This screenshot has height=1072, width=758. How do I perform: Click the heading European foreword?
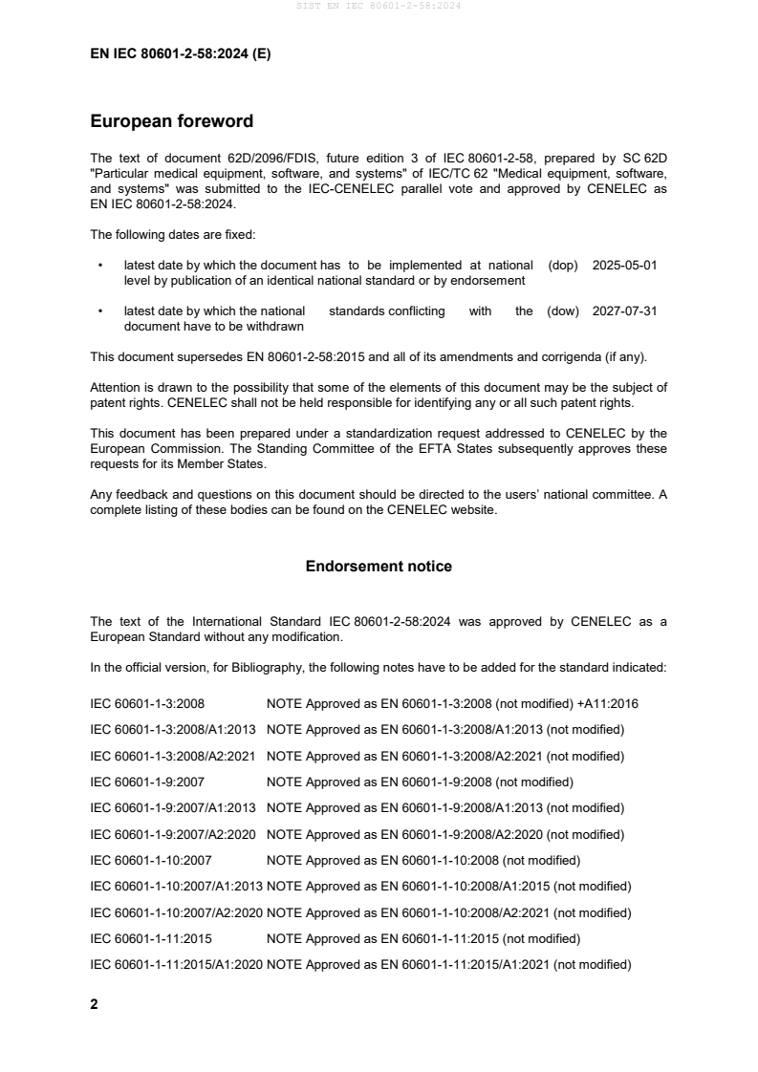171,121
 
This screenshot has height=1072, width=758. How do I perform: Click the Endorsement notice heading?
379,567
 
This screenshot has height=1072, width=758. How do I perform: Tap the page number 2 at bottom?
94,1004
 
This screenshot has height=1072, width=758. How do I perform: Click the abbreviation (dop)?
563,266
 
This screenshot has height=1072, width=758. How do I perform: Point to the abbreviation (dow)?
563,311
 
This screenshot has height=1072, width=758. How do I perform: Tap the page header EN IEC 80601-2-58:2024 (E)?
180,54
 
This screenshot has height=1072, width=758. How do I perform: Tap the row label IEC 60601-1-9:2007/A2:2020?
173,834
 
